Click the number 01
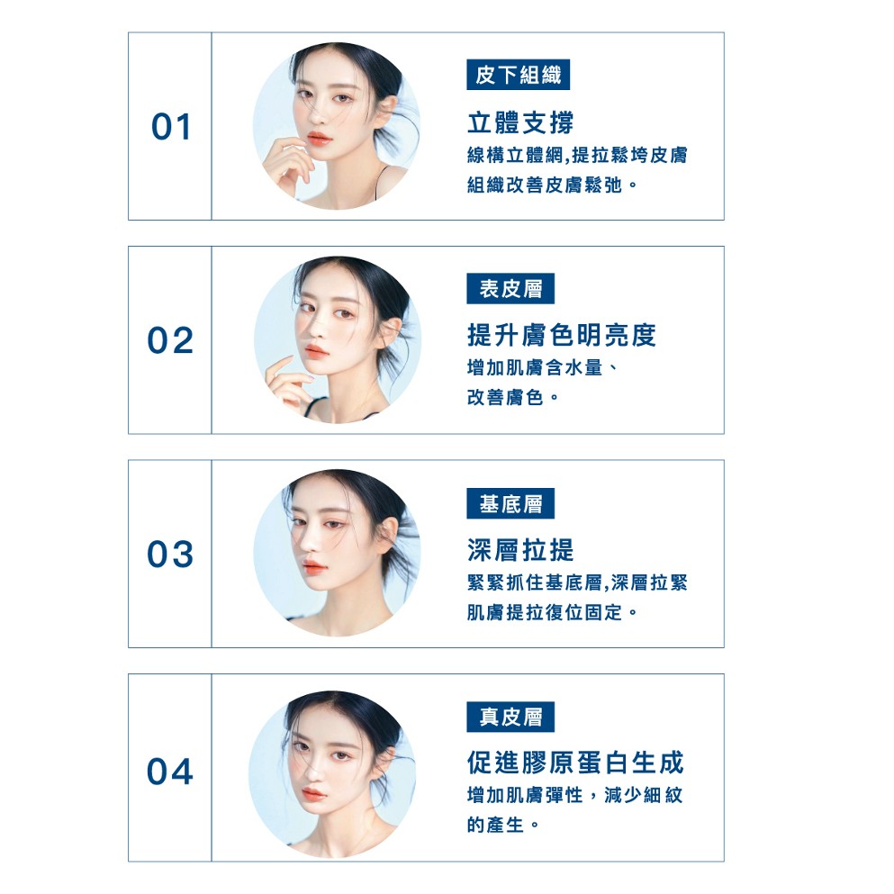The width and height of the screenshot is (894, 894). tap(171, 127)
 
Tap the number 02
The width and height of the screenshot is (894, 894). tap(170, 340)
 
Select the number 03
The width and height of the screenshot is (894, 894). tap(170, 555)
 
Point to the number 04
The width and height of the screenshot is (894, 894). tap(170, 772)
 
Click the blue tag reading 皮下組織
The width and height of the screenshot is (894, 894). tap(519, 75)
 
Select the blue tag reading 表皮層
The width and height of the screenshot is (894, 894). tap(510, 288)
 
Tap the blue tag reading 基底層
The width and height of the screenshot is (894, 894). tap(510, 503)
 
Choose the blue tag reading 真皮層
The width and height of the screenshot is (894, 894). tap(510, 717)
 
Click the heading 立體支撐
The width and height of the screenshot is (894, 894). tap(520, 122)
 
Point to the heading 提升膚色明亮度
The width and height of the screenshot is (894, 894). tap(562, 335)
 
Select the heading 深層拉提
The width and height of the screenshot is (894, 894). tap(520, 549)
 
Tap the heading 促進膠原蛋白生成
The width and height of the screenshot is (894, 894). tap(575, 763)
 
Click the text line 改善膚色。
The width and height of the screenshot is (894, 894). tap(513, 397)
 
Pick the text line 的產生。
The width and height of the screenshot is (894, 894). tap(503, 825)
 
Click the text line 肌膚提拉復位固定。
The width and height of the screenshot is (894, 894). tap(552, 612)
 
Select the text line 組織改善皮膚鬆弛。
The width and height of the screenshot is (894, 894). tap(552, 185)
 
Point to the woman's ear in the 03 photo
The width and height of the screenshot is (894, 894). tap(386, 538)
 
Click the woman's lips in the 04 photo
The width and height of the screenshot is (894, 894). tap(313, 794)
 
